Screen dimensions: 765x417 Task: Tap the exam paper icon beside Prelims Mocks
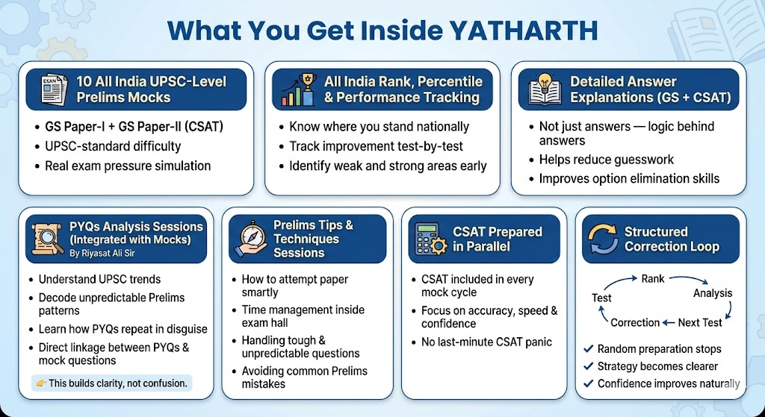tap(54, 90)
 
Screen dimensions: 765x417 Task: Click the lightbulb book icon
tap(545, 90)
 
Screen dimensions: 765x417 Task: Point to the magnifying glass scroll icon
tap(47, 239)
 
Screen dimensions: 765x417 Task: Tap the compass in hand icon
tap(250, 239)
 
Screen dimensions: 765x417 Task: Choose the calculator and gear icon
tap(431, 239)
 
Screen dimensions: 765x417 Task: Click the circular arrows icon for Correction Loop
tap(603, 239)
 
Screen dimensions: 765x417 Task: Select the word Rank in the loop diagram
tap(653, 279)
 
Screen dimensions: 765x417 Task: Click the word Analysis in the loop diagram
tap(713, 293)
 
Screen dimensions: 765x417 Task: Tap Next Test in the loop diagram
tap(699, 322)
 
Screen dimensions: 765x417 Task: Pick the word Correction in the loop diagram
tap(635, 322)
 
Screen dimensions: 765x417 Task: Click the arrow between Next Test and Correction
tap(669, 322)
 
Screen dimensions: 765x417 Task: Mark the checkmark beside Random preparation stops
tap(589, 349)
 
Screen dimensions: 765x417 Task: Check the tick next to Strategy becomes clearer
tap(589, 366)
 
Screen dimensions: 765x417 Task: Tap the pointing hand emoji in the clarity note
tap(41, 383)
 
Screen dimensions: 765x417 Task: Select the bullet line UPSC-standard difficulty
tap(113, 146)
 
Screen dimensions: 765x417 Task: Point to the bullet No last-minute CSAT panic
tap(486, 342)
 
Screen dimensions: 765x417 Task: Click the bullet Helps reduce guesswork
tap(607, 160)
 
